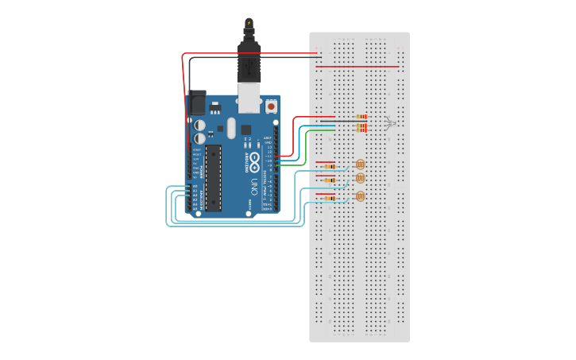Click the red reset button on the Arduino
pyautogui.click(x=271, y=106)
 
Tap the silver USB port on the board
pyautogui.click(x=249, y=97)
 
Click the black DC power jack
pyautogui.click(x=196, y=103)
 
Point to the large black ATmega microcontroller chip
pyautogui.click(x=213, y=178)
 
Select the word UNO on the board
pyautogui.click(x=253, y=188)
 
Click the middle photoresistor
pyautogui.click(x=360, y=178)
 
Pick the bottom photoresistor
pyautogui.click(x=360, y=195)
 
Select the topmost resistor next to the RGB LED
pyautogui.click(x=361, y=116)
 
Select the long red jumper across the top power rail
pyautogui.click(x=358, y=67)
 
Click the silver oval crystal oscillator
pyautogui.click(x=231, y=127)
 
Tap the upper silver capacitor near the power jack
pyautogui.click(x=199, y=125)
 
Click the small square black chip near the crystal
pyautogui.click(x=245, y=130)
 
